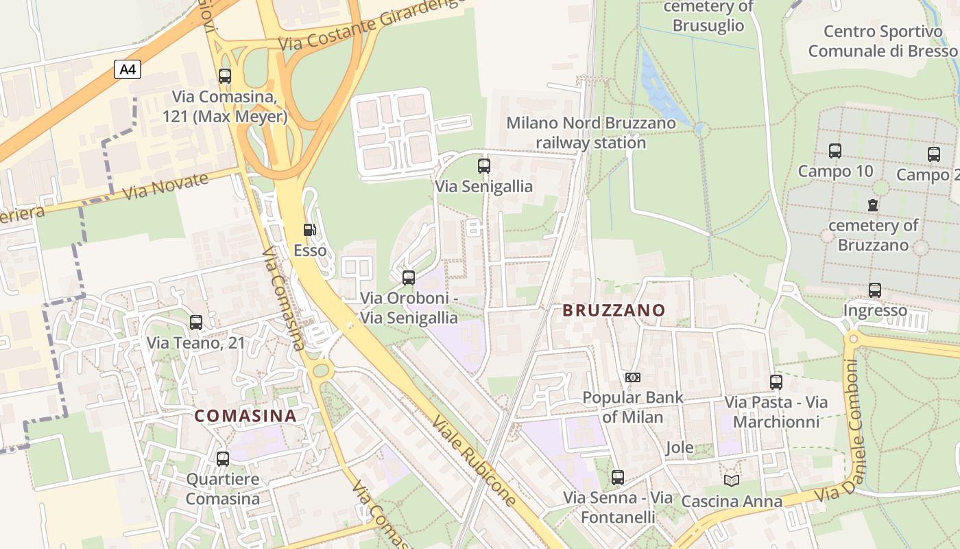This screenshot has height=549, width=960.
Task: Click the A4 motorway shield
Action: pos(127,69)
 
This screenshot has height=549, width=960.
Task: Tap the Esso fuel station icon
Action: pos(310,231)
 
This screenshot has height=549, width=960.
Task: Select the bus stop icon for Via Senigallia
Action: pos(484,165)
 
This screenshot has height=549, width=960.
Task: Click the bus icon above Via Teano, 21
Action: pos(196,322)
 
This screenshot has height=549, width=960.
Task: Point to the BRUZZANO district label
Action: pos(614,310)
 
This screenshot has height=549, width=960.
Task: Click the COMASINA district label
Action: pos(245,416)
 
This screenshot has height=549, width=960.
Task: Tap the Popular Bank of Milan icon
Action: pos(633,377)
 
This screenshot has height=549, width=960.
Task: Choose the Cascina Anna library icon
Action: pos(732,480)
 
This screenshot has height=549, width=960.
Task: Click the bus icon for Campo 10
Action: pos(835,151)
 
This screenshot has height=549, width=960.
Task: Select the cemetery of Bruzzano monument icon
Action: pos(872,205)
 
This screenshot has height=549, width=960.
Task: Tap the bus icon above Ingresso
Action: pos(874,290)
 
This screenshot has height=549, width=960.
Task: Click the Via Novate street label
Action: pos(165,187)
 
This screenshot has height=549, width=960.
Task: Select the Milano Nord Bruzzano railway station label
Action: pos(590,133)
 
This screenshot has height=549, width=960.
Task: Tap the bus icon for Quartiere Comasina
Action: pos(223,458)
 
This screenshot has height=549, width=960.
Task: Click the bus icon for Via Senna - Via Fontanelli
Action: pos(618,477)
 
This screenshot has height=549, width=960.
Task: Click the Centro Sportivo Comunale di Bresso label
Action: pos(883,41)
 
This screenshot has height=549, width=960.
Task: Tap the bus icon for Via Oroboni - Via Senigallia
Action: pos(409,277)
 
